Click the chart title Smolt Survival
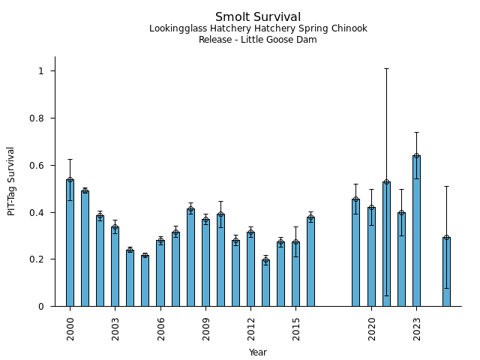click(x=258, y=17)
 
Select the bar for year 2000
click(x=70, y=243)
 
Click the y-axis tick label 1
click(x=42, y=70)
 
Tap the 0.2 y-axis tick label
click(x=38, y=259)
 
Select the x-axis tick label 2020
click(x=371, y=328)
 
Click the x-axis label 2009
click(x=205, y=328)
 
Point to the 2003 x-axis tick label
click(x=115, y=328)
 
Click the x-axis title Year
click(x=258, y=352)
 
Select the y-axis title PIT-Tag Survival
click(x=11, y=181)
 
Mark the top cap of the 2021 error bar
click(x=386, y=68)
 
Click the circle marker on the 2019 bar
click(x=355, y=199)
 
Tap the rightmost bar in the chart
click(x=446, y=271)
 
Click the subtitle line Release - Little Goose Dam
click(x=258, y=40)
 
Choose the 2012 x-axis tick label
click(x=250, y=328)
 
